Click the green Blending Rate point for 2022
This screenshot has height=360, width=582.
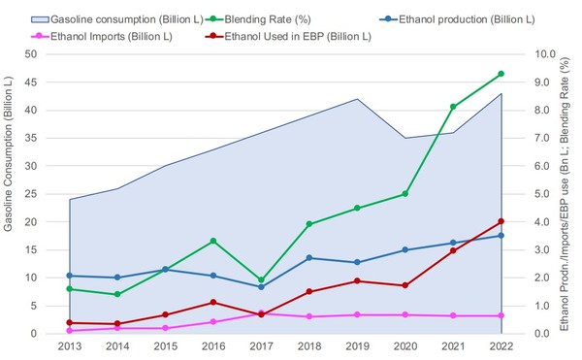click(501, 74)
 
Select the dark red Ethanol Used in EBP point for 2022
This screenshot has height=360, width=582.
click(501, 221)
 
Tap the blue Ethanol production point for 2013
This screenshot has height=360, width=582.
click(70, 276)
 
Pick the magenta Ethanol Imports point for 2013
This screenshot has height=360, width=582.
click(70, 331)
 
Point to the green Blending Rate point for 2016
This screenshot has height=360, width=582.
click(213, 241)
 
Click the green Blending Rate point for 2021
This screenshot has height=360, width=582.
click(453, 107)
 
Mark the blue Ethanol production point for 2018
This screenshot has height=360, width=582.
click(309, 258)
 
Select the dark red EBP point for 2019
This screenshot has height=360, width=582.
click(357, 281)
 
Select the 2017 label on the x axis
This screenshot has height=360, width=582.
click(262, 346)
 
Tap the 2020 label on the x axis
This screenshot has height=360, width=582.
click(404, 346)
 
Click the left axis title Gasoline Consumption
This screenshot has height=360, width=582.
click(11, 194)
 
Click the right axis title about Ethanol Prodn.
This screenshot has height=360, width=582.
click(568, 194)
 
